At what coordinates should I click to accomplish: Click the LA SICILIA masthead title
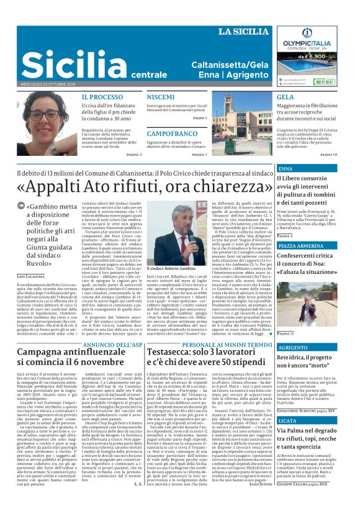[243, 32]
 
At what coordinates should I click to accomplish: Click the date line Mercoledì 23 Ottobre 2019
[48, 84]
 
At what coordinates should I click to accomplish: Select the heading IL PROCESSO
[102, 97]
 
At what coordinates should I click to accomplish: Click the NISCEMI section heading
[161, 97]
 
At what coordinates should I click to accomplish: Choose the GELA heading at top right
[286, 97]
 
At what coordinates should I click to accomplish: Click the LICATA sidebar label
[289, 404]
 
